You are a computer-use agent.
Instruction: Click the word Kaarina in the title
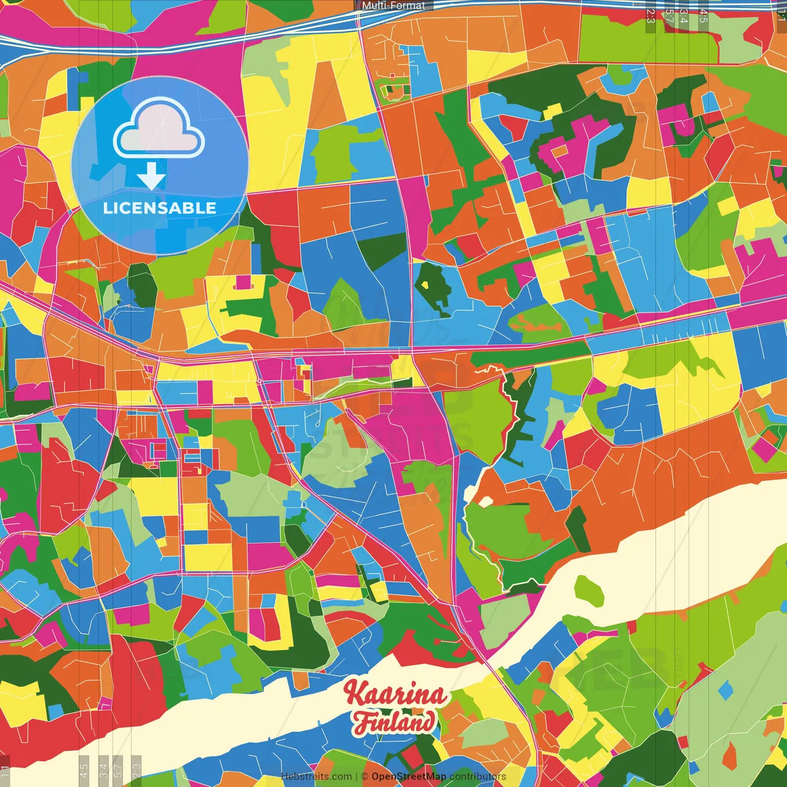coord(395,694)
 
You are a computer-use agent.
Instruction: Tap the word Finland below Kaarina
coord(394,722)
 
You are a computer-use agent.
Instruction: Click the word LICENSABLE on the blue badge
coord(160,208)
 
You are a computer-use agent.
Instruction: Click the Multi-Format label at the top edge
coord(393,6)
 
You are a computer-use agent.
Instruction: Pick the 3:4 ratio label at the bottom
coord(103,770)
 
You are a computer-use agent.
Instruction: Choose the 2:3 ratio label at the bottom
coord(136,770)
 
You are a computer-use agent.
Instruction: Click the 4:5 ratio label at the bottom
coord(84,770)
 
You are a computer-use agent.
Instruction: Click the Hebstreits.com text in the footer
coord(316,777)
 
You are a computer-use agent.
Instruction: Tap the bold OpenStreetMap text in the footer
coord(409,777)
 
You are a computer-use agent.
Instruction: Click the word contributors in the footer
coord(478,777)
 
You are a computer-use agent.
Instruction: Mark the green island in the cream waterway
coord(589,589)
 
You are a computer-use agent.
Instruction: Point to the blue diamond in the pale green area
coord(726,691)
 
